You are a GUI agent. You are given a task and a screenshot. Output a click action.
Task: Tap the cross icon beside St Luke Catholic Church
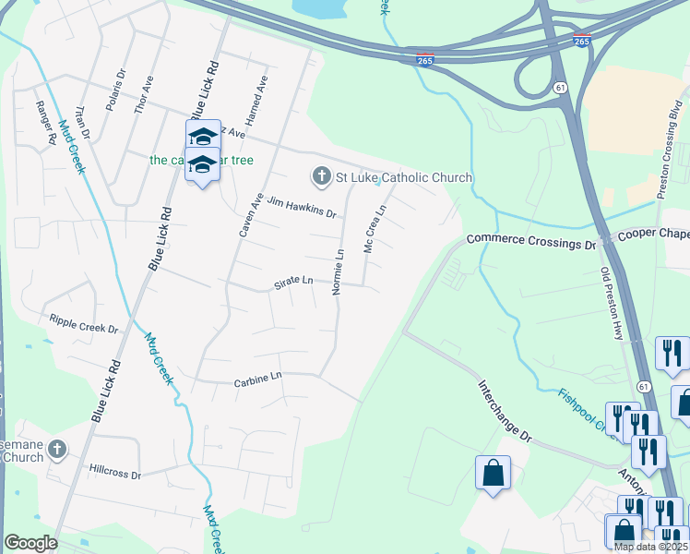coord(321,175)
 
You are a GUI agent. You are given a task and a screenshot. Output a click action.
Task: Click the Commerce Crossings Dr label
coord(531,242)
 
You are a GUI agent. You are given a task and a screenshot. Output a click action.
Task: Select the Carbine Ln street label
coord(257,379)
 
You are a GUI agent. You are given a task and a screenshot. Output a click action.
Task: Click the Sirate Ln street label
coord(294,283)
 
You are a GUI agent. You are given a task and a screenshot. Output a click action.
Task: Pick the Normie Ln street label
coord(339,271)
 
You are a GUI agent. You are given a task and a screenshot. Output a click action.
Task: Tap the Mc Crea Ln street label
coord(373,229)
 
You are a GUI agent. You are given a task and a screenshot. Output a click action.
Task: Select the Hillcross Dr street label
coord(115,472)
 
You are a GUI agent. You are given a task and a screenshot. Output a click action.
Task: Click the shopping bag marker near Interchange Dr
coord(493,473)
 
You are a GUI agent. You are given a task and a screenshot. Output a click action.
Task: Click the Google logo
coord(30,543)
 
